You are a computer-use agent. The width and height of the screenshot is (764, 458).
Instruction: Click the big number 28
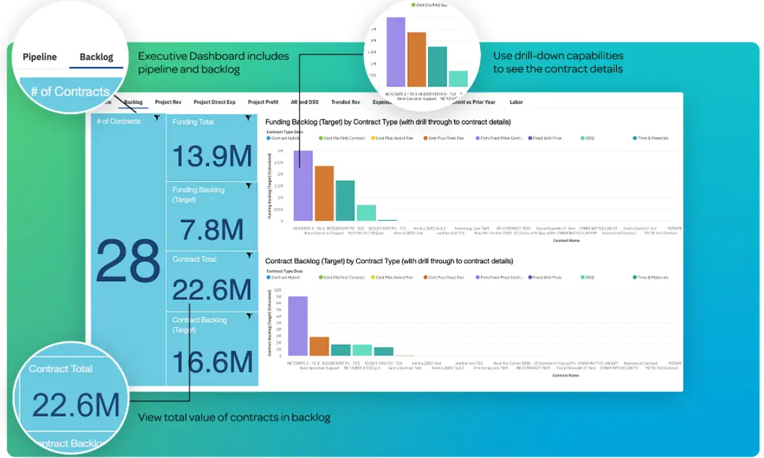point(128,260)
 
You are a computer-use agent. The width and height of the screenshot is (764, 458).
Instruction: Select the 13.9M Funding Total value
point(212,156)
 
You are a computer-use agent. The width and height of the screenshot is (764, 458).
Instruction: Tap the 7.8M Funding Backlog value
point(212,230)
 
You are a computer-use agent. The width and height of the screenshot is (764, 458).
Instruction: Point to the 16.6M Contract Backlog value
point(212,362)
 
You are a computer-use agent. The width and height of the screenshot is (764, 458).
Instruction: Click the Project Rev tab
point(168,102)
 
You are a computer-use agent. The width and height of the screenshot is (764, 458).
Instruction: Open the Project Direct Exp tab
point(214,102)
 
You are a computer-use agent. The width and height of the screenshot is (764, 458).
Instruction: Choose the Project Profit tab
point(263,102)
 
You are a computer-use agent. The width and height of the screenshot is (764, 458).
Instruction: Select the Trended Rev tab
point(346,102)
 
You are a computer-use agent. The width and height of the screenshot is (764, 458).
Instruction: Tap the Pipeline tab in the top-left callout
point(39,57)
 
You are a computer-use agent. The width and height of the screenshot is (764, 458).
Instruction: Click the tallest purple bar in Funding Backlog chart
point(303,186)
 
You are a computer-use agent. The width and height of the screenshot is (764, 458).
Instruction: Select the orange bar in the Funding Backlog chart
point(324,193)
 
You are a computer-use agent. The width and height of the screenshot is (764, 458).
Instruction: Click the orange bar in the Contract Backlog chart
point(320,346)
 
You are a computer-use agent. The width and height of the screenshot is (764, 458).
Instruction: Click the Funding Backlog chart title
point(388,122)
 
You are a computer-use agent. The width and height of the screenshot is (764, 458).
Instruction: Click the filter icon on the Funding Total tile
point(249,118)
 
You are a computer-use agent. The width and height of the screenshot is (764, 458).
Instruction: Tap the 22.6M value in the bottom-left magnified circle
point(70,407)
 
